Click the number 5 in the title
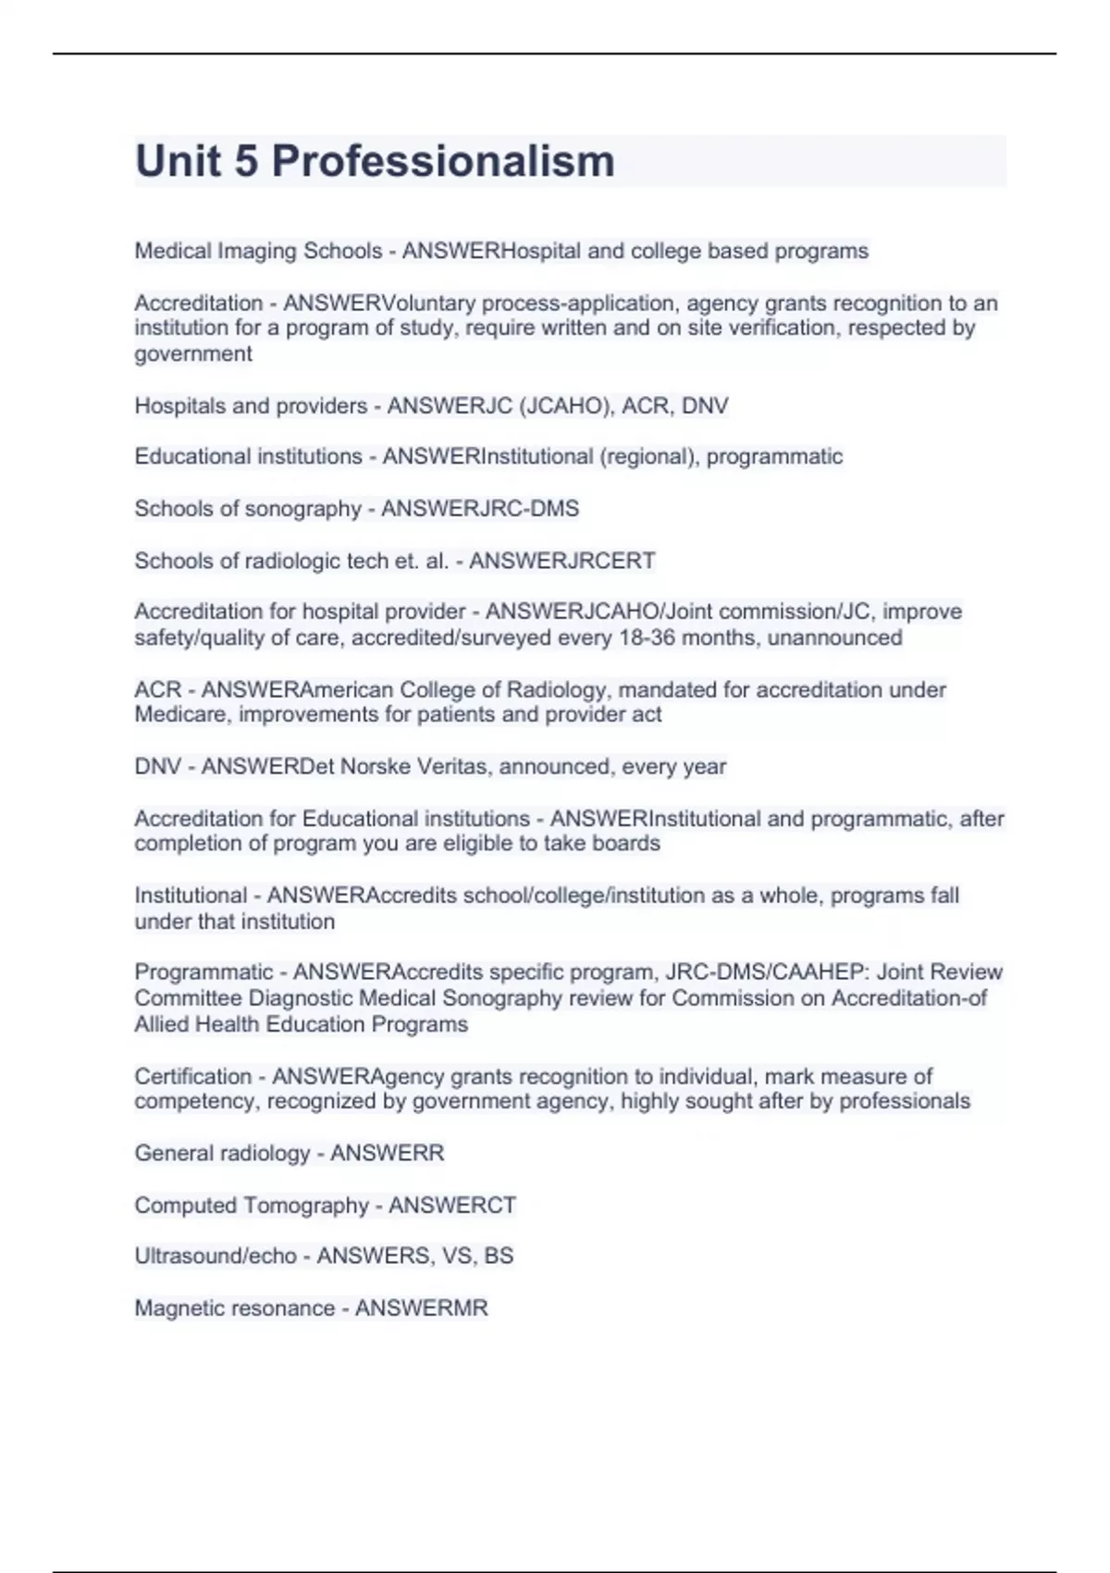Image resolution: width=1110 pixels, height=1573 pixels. (246, 161)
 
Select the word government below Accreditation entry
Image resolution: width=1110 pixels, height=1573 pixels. (193, 354)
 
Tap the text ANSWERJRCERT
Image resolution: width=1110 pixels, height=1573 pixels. (561, 561)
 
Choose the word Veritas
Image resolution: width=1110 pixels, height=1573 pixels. (450, 766)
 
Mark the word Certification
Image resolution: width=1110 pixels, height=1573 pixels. (192, 1076)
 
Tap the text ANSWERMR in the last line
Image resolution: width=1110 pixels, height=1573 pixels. (421, 1307)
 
